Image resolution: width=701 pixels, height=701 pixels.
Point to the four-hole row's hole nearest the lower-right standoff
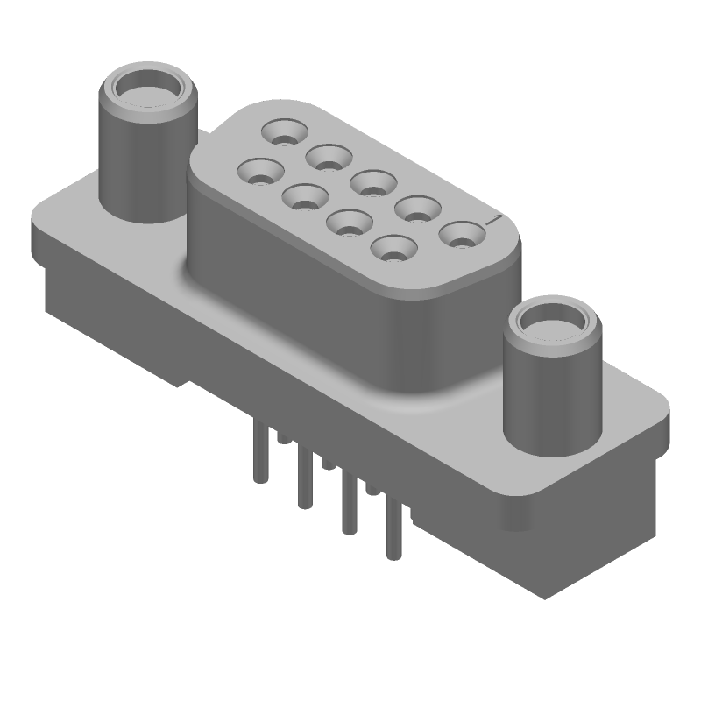pyautogui.click(x=392, y=249)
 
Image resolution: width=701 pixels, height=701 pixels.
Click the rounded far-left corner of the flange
pyautogui.click(x=39, y=223)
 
